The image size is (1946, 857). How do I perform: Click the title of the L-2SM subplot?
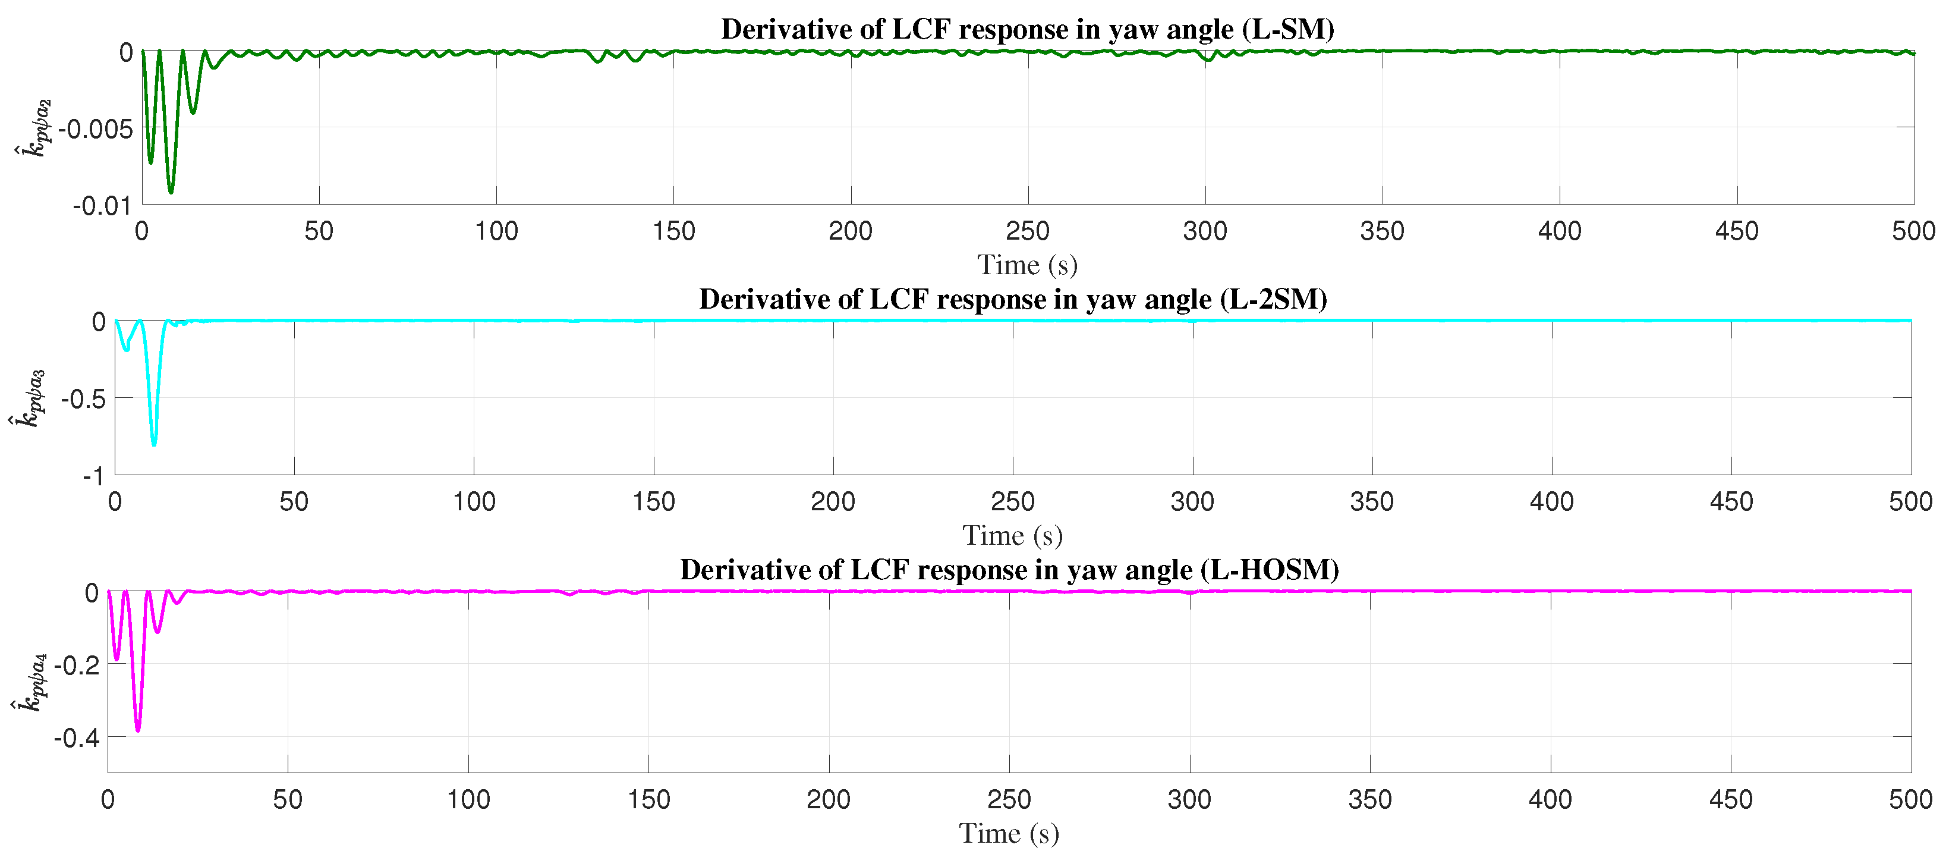point(1012,299)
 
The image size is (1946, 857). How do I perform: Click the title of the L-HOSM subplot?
point(1009,569)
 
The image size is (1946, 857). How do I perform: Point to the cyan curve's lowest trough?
point(154,444)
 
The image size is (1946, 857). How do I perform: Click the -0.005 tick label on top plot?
point(95,129)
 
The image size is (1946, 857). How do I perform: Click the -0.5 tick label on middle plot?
point(83,399)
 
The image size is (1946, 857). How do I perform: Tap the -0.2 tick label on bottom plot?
point(75,665)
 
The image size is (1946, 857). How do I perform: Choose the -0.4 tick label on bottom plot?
point(75,737)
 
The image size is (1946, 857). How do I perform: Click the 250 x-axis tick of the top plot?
point(1028,231)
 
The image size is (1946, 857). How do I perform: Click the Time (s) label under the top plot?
point(1028,265)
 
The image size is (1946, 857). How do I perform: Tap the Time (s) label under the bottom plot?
point(1009,834)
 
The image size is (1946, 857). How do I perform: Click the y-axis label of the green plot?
point(33,128)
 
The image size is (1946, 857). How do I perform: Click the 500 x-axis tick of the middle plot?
point(1910,501)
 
